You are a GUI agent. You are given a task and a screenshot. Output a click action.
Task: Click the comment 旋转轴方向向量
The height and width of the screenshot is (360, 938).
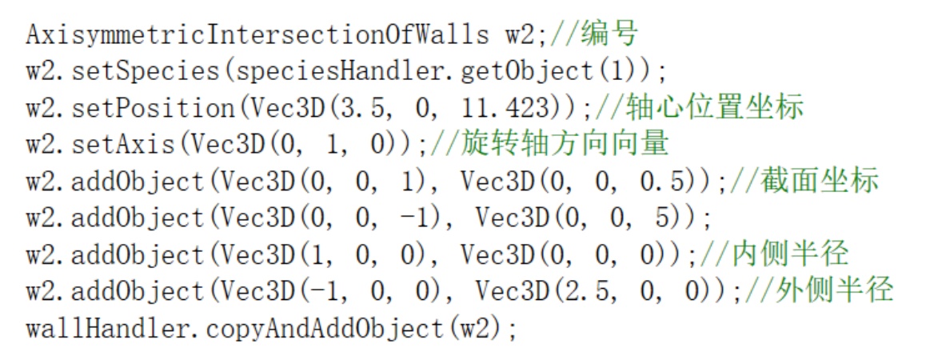click(x=563, y=145)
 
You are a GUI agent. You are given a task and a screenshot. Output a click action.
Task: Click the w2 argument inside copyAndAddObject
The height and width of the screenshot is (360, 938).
click(x=482, y=329)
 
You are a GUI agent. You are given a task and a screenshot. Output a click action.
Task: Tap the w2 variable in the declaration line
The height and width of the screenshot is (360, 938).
click(x=521, y=34)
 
